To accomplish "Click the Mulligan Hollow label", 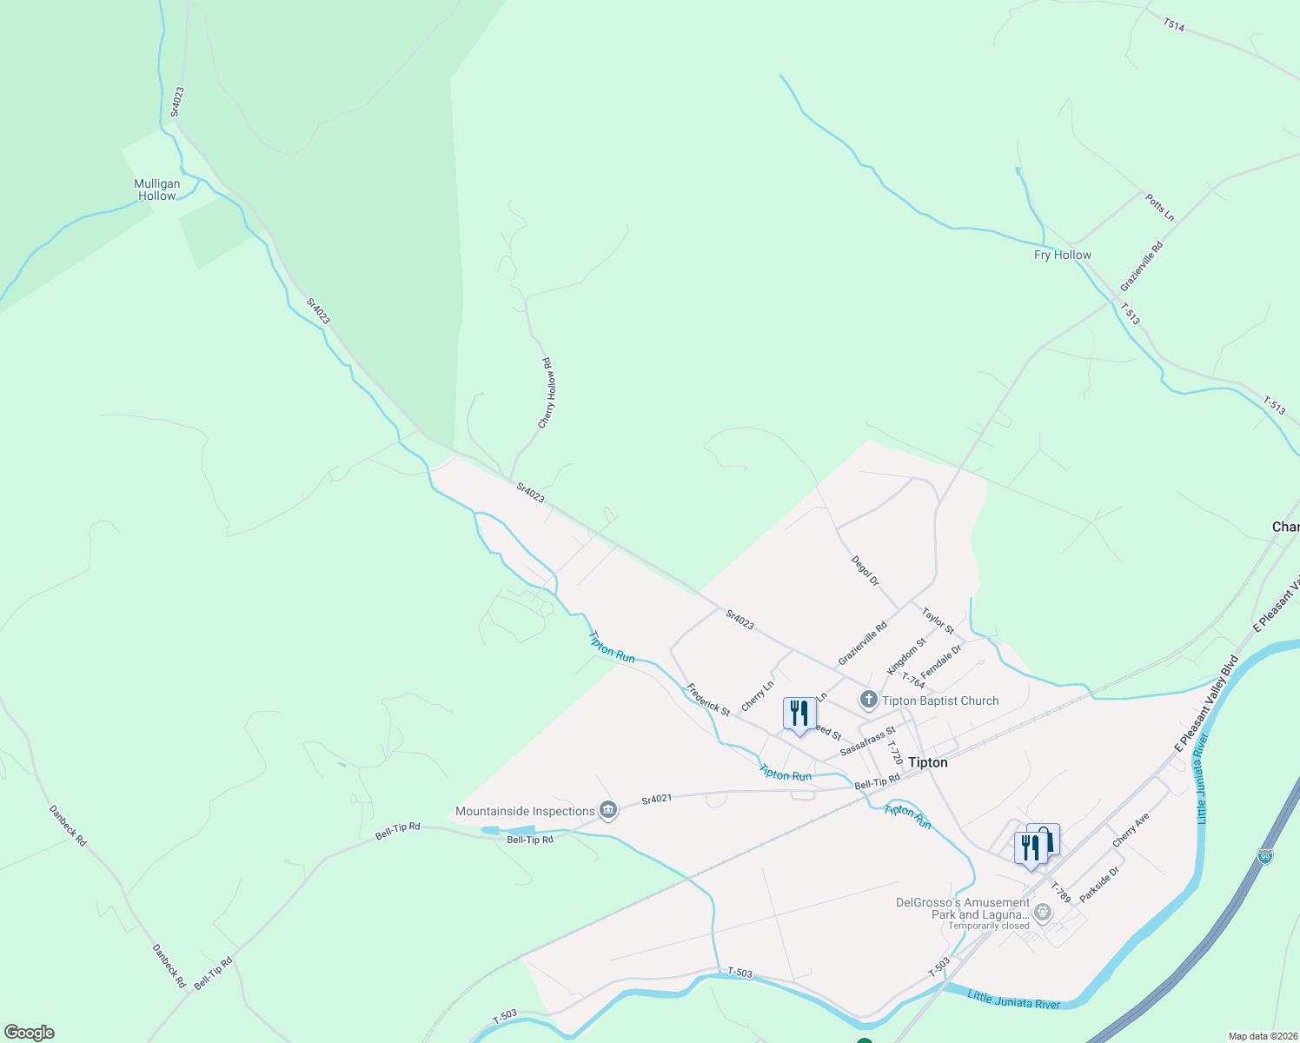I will (x=157, y=189).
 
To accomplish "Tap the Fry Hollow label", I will (x=1062, y=255).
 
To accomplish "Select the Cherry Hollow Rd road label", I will (x=547, y=393).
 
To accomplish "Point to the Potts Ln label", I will (x=1159, y=208).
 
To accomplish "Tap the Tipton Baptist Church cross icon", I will (x=868, y=700).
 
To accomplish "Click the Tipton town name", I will (x=927, y=762).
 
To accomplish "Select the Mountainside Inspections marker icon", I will (x=608, y=811).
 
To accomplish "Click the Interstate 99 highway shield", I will (x=1265, y=856).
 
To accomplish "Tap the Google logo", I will (x=30, y=1033).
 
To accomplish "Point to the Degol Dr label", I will (x=866, y=571).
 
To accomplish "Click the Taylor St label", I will (x=938, y=621).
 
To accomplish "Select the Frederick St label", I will (x=708, y=700).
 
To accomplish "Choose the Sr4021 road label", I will (x=657, y=799).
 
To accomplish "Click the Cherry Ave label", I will (x=1131, y=830).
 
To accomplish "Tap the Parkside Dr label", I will (x=1099, y=884).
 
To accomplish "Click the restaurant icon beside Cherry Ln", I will (x=799, y=714).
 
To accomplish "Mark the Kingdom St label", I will (x=906, y=656).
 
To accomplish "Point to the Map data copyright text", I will (x=1262, y=1036).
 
